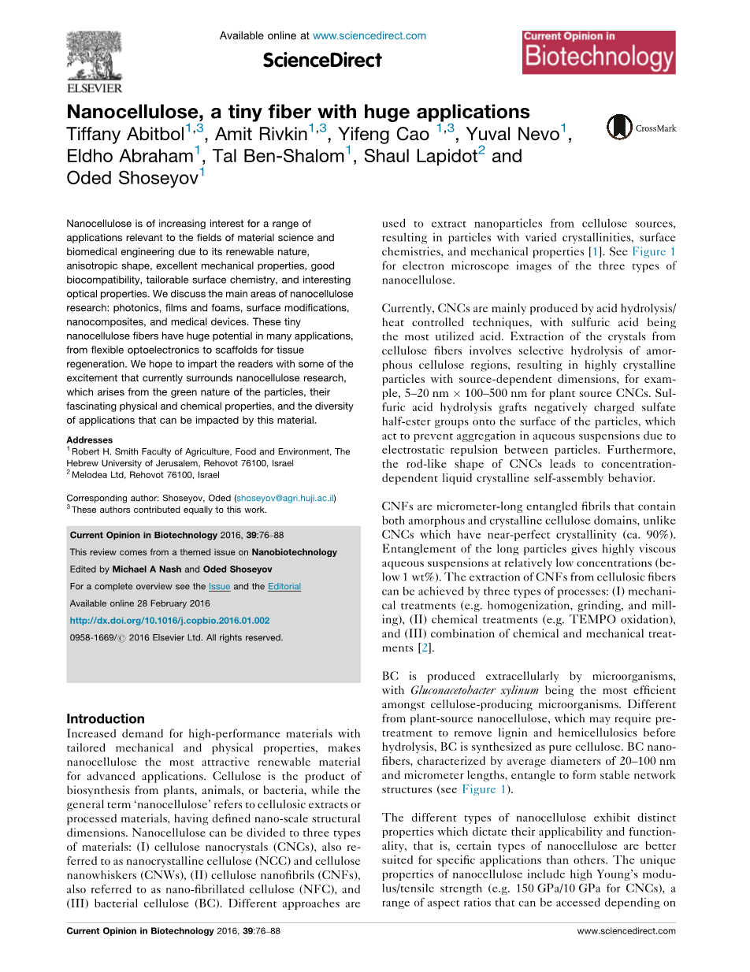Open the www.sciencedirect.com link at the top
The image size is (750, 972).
(369, 35)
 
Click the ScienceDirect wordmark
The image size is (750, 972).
(322, 60)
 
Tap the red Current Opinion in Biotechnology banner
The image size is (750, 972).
(598, 52)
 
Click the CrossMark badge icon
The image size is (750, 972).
(619, 127)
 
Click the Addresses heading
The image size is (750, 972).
(89, 440)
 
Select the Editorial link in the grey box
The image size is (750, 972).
(284, 587)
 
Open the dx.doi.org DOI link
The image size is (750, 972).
(169, 621)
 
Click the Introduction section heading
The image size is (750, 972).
(106, 718)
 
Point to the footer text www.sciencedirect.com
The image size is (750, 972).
(626, 931)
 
